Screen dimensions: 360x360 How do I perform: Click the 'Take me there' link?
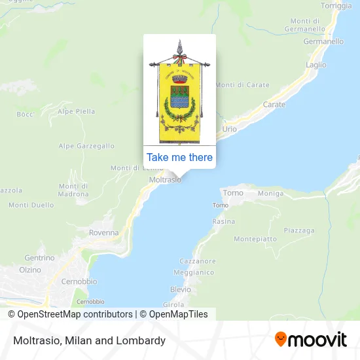[179, 157]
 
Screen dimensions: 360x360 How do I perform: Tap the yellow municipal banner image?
[179, 92]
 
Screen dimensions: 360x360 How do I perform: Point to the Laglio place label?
[315, 65]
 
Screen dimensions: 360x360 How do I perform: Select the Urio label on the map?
[229, 129]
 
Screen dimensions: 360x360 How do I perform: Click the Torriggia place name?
[336, 5]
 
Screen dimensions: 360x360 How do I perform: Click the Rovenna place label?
[104, 232]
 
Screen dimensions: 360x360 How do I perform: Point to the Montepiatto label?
[255, 240]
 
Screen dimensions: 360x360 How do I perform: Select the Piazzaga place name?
[299, 230]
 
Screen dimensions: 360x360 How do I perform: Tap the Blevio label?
[180, 289]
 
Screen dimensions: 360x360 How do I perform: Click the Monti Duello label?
[31, 205]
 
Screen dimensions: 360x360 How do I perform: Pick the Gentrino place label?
[39, 258]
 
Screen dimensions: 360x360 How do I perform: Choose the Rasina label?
[223, 222]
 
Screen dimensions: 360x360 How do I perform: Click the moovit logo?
[311, 340]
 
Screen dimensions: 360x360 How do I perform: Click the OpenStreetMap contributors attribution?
[70, 314]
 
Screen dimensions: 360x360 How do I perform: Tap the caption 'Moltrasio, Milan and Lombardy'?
[88, 340]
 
